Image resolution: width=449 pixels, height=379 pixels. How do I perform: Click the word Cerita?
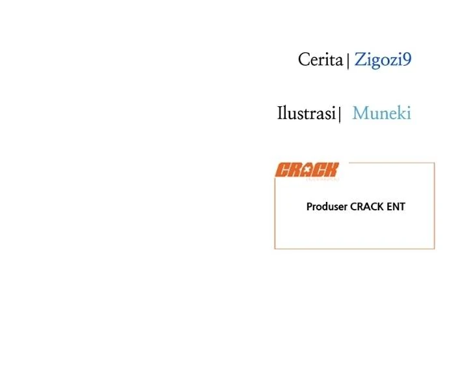pos(320,60)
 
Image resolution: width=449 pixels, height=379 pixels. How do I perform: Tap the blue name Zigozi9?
pos(383,60)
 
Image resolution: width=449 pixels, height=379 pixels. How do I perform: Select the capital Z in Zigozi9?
pos(360,60)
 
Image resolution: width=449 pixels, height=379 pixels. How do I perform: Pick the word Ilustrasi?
pos(306,113)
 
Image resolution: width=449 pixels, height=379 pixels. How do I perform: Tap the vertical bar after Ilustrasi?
pos(340,115)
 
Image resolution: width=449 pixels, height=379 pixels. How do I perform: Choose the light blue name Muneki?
pos(382,113)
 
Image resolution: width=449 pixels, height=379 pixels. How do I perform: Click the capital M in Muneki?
pos(361,113)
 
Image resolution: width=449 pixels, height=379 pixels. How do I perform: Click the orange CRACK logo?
pos(307,170)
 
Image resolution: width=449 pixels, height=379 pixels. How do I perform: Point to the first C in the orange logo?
pos(282,170)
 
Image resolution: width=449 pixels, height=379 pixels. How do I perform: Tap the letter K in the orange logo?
pos(332,170)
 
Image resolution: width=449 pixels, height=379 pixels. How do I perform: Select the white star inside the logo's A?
pos(307,169)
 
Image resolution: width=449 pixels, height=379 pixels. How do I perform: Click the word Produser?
pos(327,206)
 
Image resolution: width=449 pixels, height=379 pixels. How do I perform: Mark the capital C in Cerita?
pos(304,60)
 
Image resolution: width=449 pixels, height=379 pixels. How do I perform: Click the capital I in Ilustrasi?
pos(280,113)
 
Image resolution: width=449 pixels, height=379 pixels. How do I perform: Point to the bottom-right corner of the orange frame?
pos(435,249)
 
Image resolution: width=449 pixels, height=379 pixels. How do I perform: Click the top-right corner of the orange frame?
pos(435,163)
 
